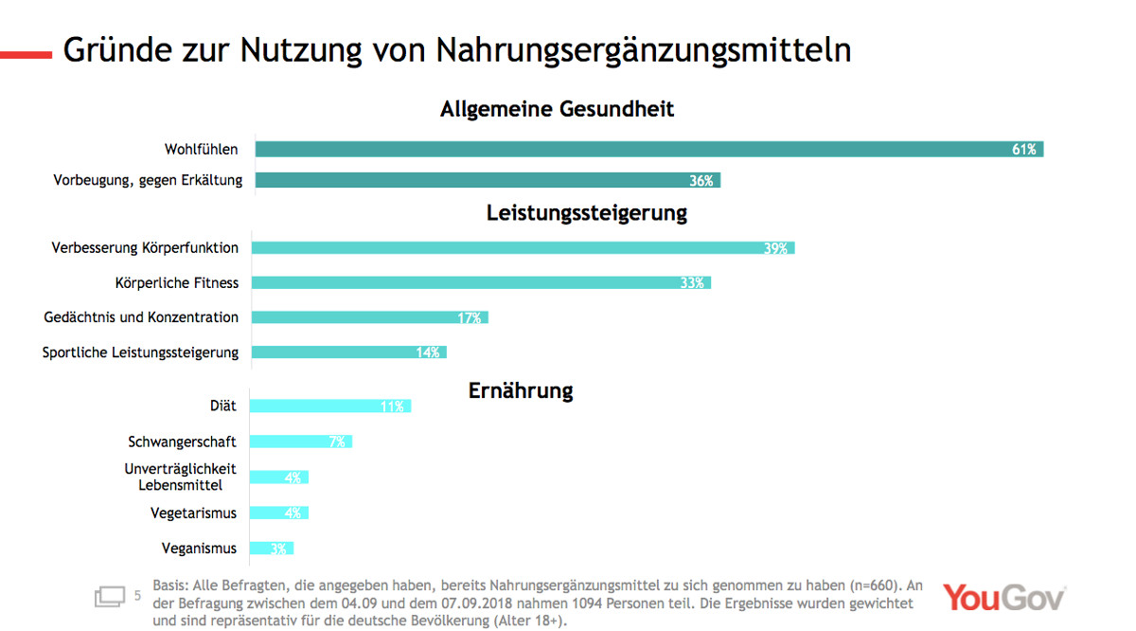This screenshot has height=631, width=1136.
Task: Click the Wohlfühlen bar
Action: click(648, 150)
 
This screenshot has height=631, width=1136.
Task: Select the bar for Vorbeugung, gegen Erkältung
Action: click(488, 180)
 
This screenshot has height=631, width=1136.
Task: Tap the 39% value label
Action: click(776, 248)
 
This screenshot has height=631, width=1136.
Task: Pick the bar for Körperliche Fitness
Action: click(481, 282)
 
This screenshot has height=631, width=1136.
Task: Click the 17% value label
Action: click(470, 318)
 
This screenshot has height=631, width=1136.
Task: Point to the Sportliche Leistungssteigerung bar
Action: click(348, 352)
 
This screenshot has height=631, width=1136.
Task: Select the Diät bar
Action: click(330, 406)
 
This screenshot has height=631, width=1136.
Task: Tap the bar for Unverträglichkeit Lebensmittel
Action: click(279, 477)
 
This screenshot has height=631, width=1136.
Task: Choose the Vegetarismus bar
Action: click(279, 513)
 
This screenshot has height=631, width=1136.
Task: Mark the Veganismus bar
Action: click(272, 549)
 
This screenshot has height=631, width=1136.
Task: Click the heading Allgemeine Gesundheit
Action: click(557, 109)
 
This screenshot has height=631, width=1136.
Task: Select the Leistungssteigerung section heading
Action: click(587, 212)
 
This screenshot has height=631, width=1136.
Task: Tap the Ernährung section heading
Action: click(521, 390)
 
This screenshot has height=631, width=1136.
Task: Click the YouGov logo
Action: click(1003, 598)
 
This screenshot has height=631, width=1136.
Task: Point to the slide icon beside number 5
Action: click(110, 597)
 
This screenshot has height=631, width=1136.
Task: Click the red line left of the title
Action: click(26, 55)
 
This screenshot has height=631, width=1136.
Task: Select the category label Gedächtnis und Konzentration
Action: click(141, 317)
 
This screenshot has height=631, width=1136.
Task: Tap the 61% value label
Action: click(1024, 150)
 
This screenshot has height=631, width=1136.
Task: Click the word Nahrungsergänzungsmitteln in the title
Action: click(644, 50)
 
